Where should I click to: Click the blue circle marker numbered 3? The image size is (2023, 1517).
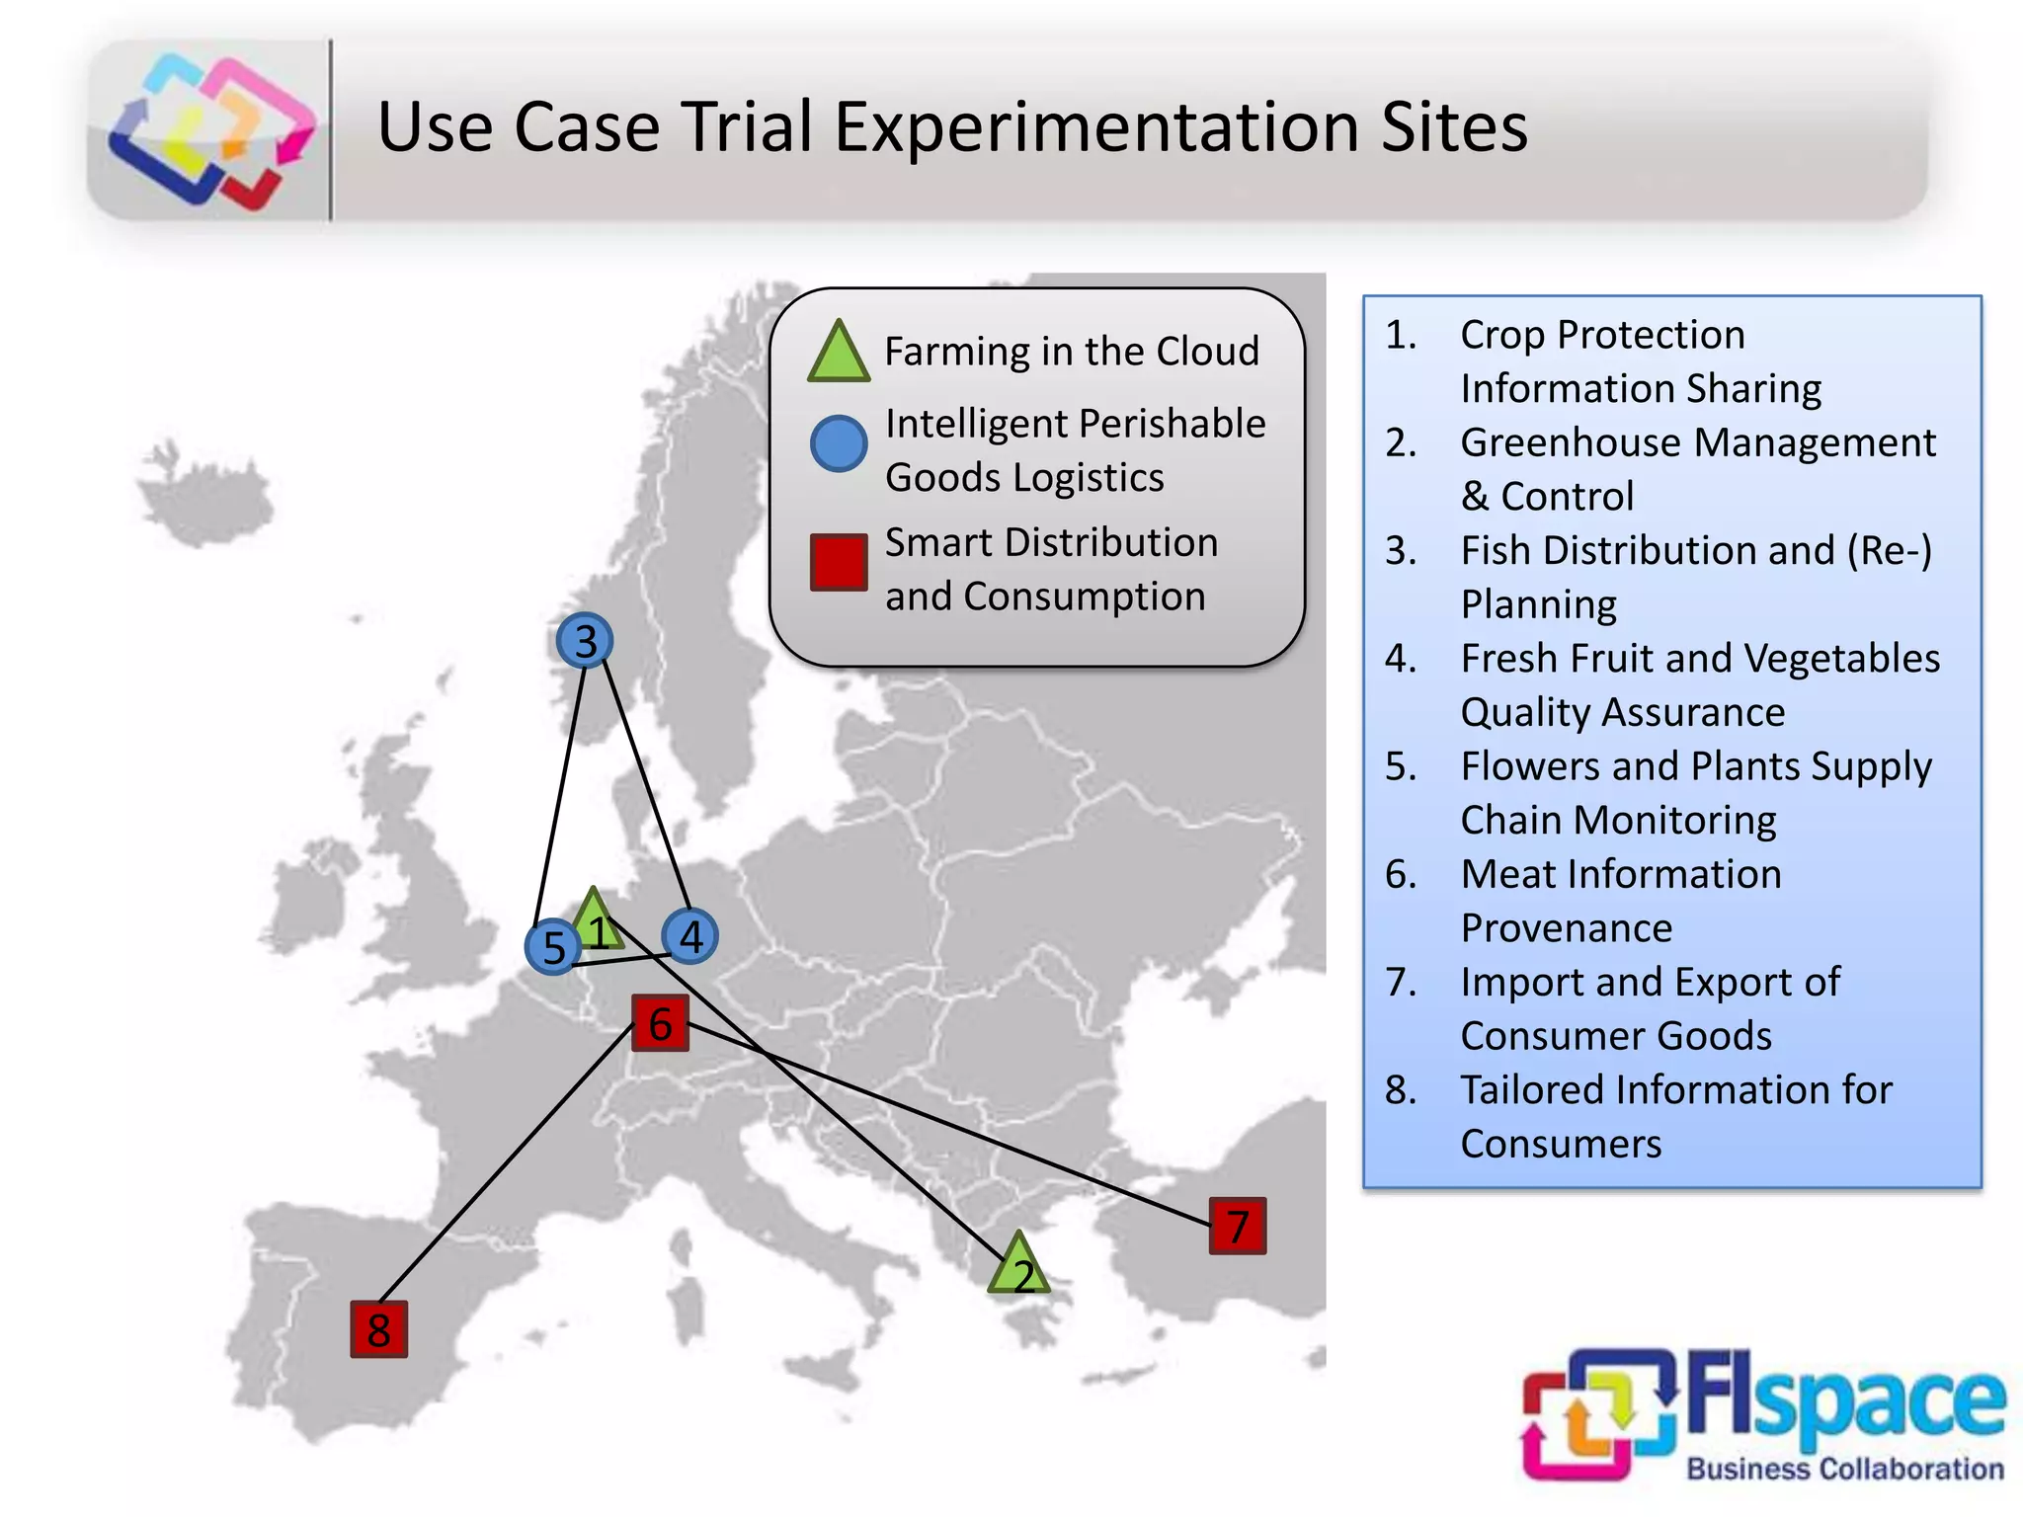coord(585,641)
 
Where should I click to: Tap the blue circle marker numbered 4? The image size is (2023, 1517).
coord(689,936)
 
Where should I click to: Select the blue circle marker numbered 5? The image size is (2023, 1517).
coord(553,947)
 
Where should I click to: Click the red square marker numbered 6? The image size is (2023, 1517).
coord(660,1023)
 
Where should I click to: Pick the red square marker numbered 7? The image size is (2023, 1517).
coord(1237,1227)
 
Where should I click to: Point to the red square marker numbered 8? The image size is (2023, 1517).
coord(378,1329)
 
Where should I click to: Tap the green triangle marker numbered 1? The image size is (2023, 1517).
coord(595,922)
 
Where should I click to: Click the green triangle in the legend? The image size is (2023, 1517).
coord(839,353)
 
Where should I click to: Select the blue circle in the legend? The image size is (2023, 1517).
coord(839,443)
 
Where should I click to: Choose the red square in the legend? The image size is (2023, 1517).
coord(839,563)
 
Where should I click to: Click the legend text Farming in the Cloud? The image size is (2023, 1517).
coord(1072,352)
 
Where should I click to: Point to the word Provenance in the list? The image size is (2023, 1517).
coord(1567,928)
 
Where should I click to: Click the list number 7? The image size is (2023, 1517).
coord(1400,982)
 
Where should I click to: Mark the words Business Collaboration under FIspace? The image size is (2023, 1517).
coord(1844,1469)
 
